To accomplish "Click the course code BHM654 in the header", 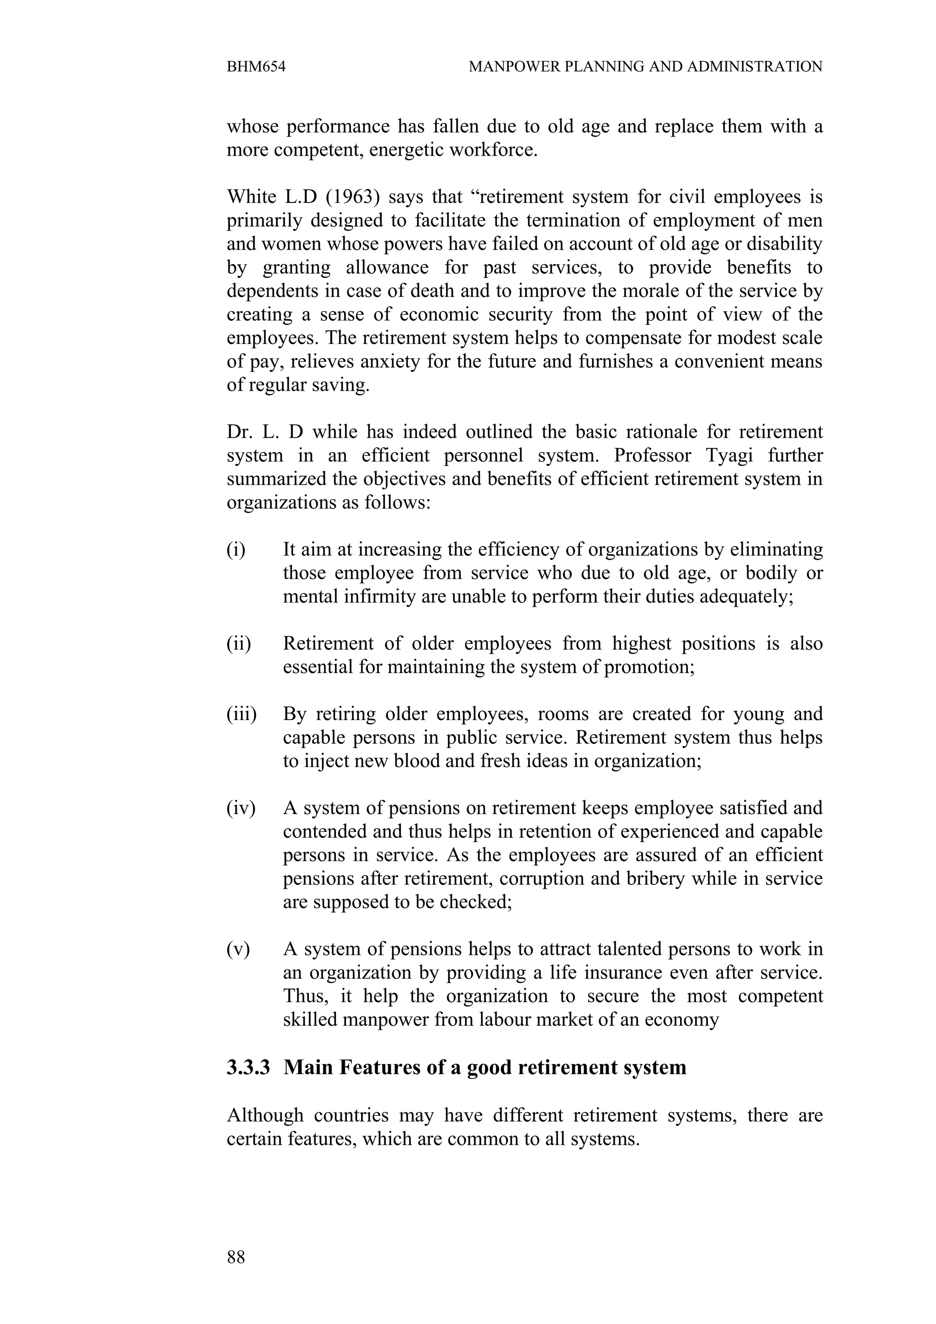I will (x=256, y=67).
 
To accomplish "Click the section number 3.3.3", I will (x=248, y=1067).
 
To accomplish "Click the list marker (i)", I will (x=235, y=550).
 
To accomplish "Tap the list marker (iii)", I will (x=241, y=714).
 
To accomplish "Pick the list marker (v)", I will (x=238, y=949).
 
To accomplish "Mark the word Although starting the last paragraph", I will (x=265, y=1115).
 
